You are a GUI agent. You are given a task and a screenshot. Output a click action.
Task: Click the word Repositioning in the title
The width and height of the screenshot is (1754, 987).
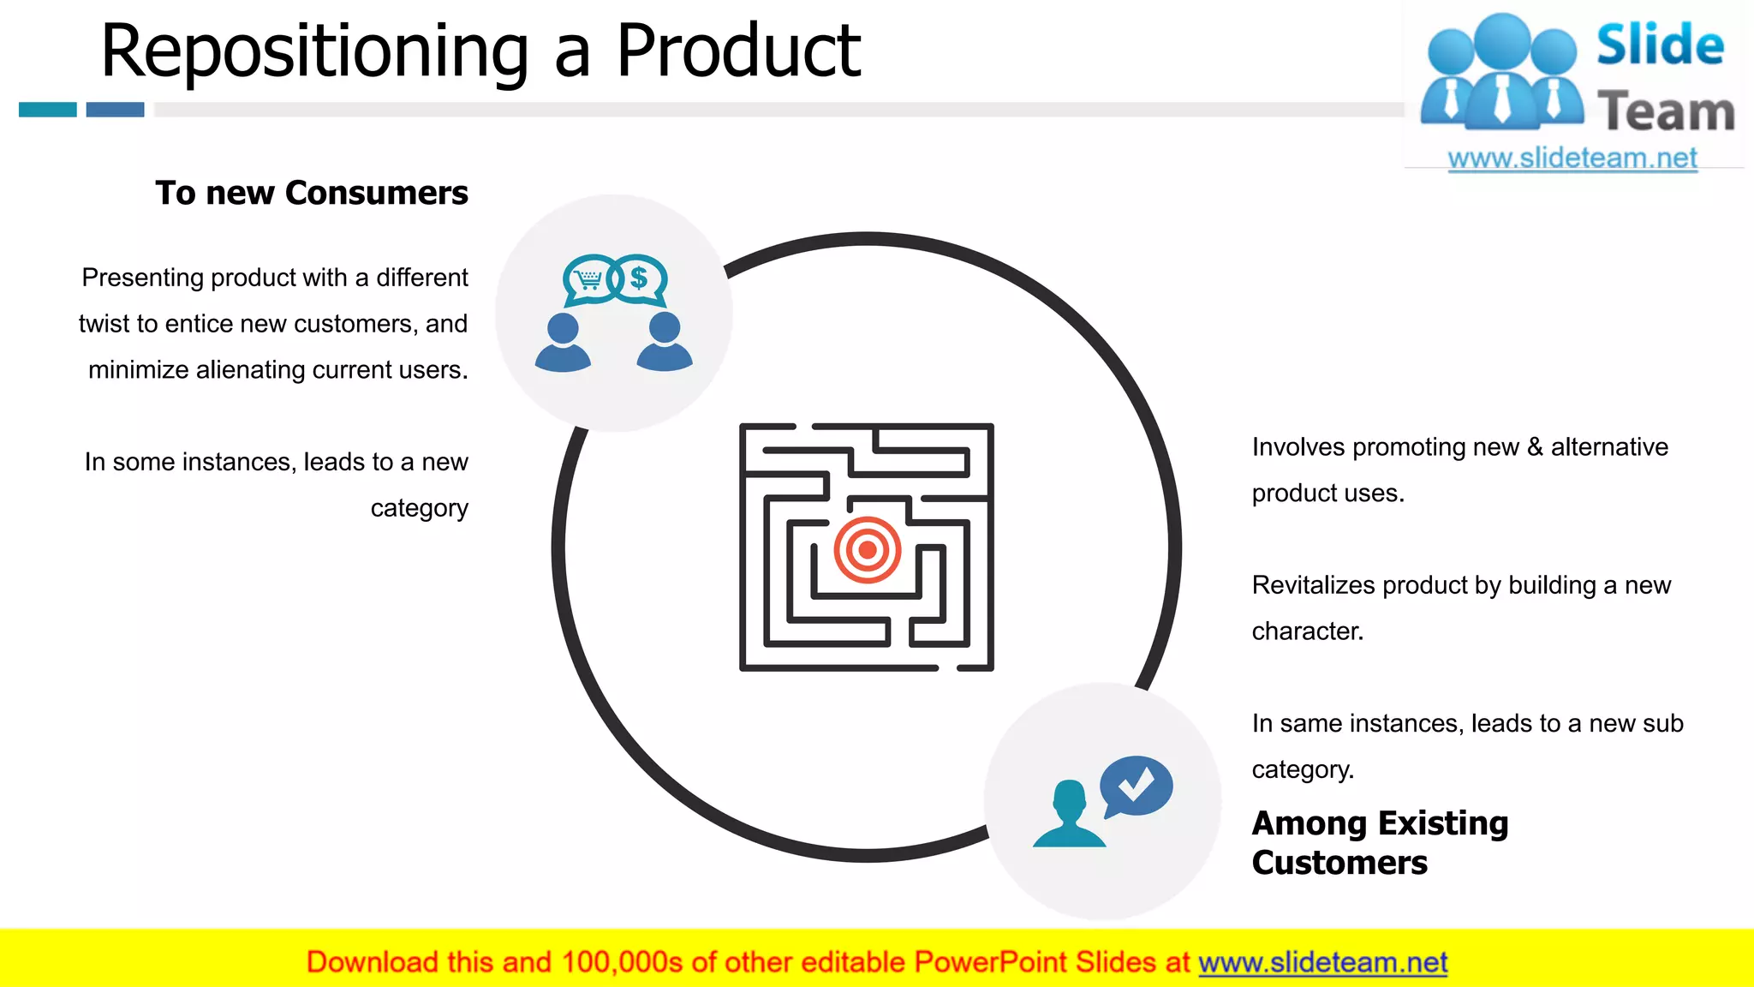point(314,51)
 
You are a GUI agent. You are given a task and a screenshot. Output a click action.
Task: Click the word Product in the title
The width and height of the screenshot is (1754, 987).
point(738,51)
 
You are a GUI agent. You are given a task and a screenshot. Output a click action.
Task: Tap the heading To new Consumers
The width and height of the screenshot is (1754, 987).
point(312,193)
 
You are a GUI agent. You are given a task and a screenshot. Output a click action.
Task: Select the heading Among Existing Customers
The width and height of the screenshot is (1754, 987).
point(1379,842)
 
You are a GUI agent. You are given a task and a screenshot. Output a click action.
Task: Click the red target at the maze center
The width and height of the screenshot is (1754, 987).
point(867,549)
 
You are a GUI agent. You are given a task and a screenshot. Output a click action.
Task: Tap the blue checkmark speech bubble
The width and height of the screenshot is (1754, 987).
point(1136,784)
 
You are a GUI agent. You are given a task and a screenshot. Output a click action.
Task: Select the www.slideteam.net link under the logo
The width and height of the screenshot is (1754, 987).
point(1572,159)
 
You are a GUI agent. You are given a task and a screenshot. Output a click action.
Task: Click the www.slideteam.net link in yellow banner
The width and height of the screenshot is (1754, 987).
point(1322,962)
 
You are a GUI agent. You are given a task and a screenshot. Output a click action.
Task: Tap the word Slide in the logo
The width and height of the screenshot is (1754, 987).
point(1660,45)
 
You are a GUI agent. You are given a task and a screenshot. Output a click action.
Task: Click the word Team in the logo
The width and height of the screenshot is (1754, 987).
point(1666,112)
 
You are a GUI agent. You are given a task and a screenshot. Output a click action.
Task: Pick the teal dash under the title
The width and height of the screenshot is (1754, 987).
point(48,110)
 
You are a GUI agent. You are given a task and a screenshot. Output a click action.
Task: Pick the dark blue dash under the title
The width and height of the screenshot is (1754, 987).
point(115,110)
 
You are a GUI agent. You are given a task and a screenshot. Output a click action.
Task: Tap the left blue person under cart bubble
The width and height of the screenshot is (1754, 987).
point(563,343)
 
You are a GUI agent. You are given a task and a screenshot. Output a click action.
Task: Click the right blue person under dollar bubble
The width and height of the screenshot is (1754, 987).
point(665,343)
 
